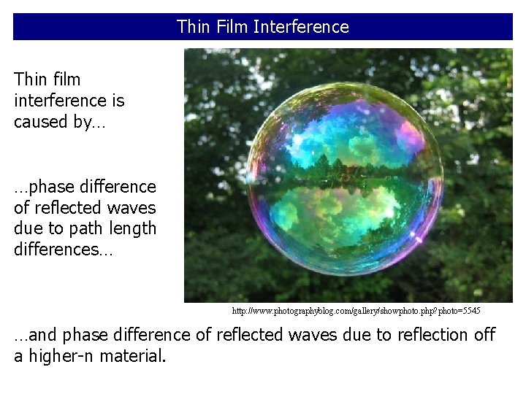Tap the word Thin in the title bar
(193, 27)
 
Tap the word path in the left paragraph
(88, 228)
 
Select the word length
(133, 228)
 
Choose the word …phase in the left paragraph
(40, 187)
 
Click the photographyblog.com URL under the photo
(357, 311)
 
